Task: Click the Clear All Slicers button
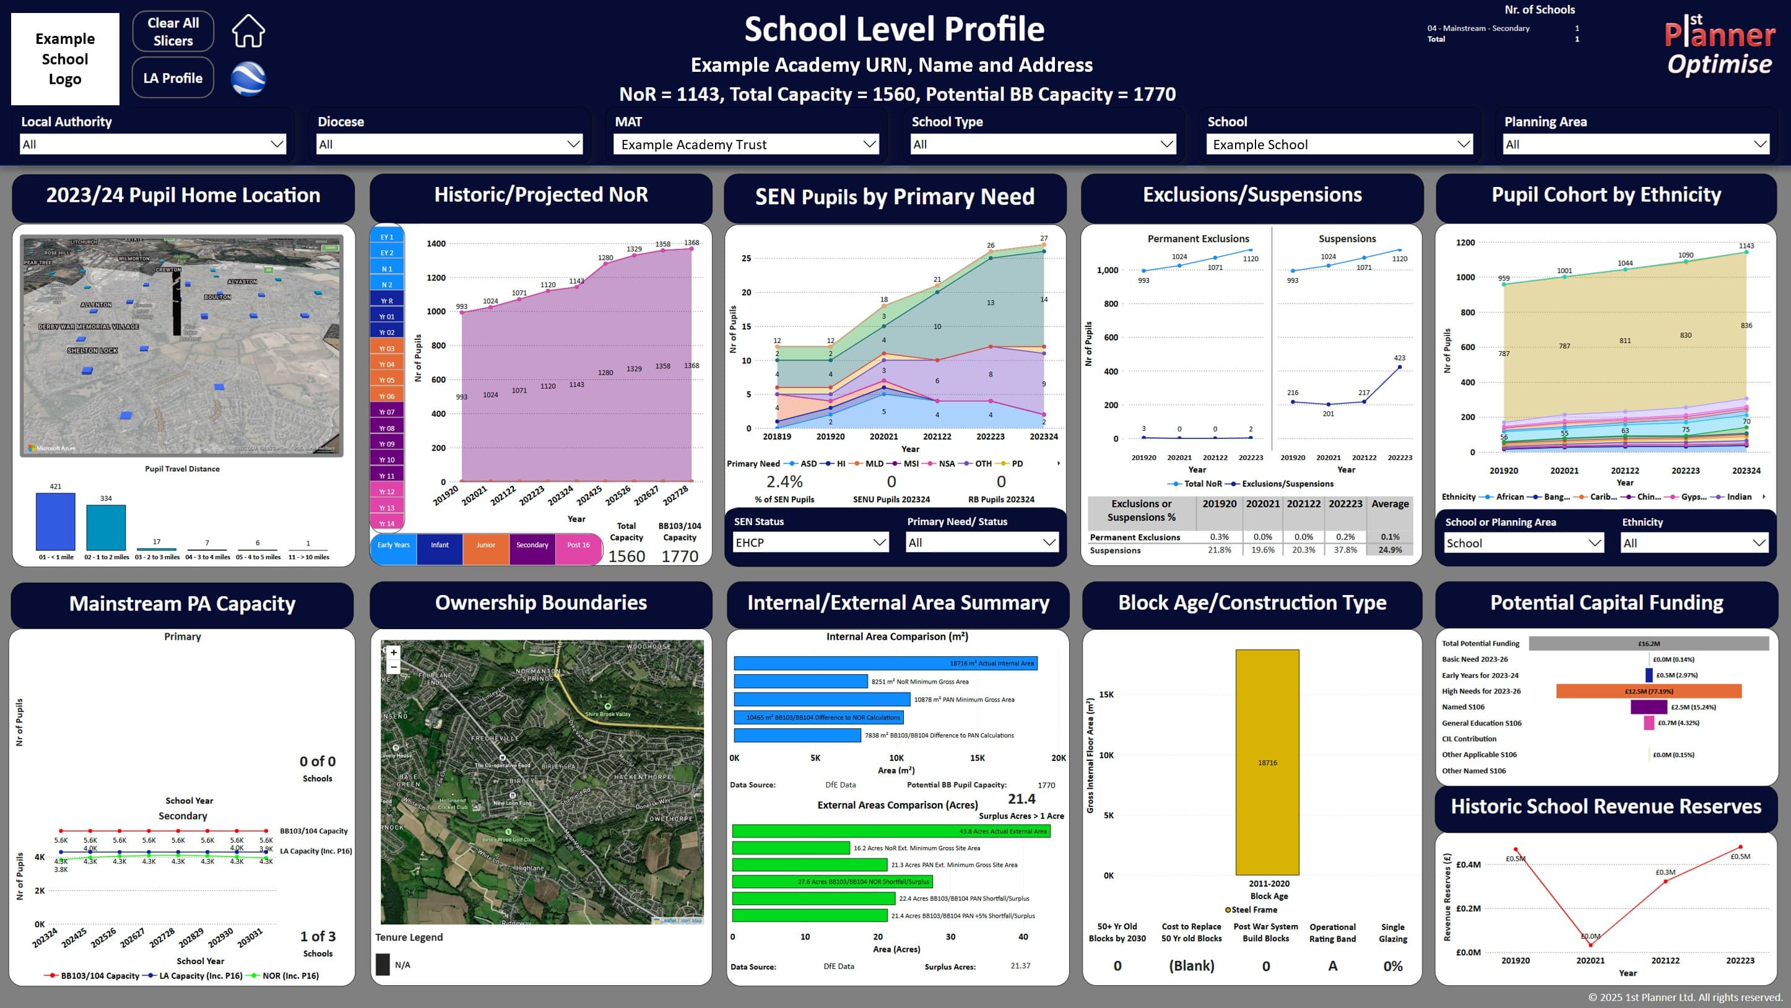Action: click(x=173, y=32)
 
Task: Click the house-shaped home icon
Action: click(x=248, y=32)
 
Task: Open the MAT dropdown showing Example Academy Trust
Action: click(x=747, y=144)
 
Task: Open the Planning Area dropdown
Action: click(x=1635, y=144)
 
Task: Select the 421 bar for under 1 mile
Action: click(x=56, y=521)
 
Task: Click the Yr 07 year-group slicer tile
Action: click(x=386, y=412)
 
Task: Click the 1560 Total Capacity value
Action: click(x=627, y=556)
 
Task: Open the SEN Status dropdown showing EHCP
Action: click(x=810, y=542)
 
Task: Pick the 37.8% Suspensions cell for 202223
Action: click(x=1345, y=550)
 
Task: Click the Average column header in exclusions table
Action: click(x=1389, y=504)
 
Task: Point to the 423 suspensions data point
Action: click(x=1399, y=367)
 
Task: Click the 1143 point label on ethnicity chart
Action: click(x=1746, y=245)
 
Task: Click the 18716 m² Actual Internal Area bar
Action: click(x=885, y=663)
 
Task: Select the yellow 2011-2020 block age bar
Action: click(x=1267, y=762)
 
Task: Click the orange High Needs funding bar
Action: click(x=1648, y=691)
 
